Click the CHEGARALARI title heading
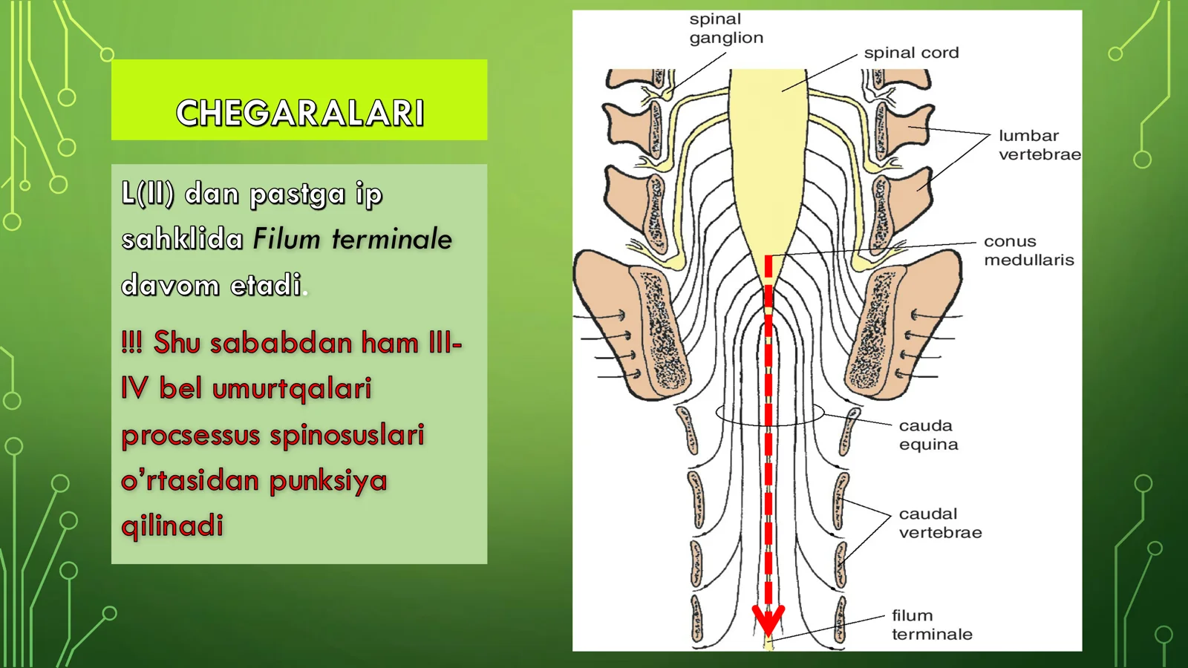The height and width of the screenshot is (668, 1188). coord(300,112)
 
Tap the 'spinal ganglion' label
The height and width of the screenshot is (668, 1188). coord(726,28)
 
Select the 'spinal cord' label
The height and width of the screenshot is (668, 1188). coord(911,53)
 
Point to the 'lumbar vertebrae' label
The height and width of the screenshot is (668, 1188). coord(1039,145)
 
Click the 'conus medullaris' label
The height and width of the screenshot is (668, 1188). coord(1029,250)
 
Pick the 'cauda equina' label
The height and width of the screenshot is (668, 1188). coord(928,435)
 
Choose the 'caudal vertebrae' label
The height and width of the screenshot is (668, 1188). coord(940,523)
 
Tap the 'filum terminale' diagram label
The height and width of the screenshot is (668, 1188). coord(932,624)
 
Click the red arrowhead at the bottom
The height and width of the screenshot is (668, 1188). coord(768,620)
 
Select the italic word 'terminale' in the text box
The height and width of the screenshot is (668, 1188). coord(392,239)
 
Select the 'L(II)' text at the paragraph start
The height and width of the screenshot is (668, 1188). coord(148,194)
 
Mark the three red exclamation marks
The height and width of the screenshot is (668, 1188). coord(131,342)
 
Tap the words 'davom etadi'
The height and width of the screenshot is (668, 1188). coord(211,285)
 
